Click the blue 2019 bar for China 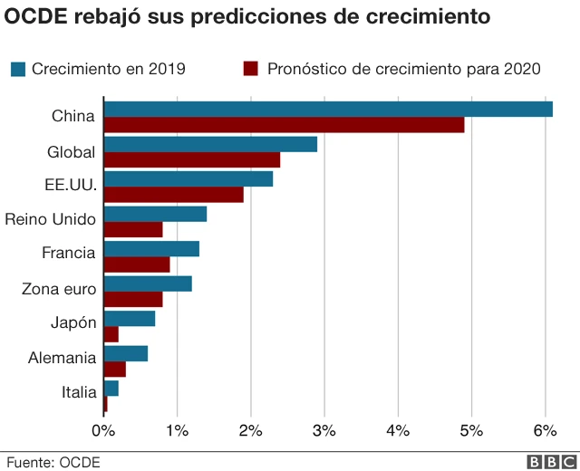[328, 110]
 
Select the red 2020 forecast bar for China [284, 125]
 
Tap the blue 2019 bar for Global [210, 144]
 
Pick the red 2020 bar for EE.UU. [174, 194]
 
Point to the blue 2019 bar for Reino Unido [155, 214]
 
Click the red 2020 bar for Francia [137, 264]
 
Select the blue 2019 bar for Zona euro [148, 284]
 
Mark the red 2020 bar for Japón [111, 334]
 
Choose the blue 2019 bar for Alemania [126, 353]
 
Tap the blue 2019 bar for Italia [111, 388]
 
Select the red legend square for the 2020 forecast [251, 69]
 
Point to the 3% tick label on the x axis [324, 429]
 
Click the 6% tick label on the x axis [545, 429]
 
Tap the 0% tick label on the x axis [104, 429]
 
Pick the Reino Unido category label [50, 218]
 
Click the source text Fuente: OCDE [51, 462]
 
